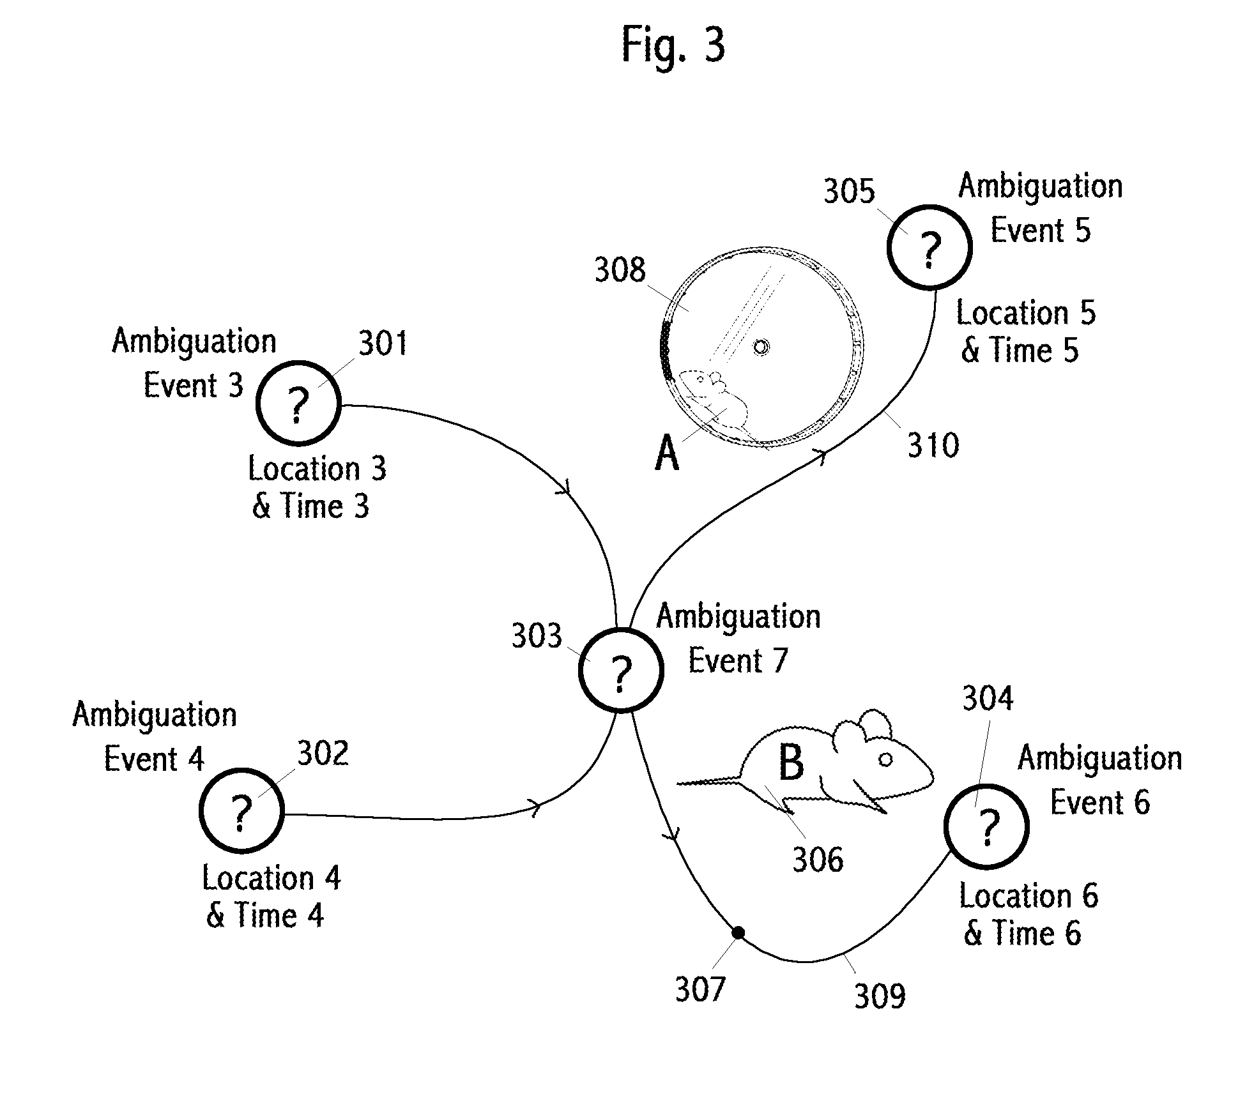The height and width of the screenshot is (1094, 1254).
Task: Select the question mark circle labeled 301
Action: click(x=298, y=403)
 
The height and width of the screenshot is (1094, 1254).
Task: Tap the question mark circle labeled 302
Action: click(x=241, y=810)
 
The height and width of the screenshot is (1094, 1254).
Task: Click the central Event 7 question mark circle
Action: click(x=621, y=670)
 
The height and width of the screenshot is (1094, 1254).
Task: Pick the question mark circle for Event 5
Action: click(x=929, y=247)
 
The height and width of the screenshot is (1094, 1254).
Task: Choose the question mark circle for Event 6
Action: click(x=987, y=826)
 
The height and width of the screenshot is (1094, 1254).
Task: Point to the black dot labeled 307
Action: click(x=738, y=933)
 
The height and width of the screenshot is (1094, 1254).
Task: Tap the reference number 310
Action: click(x=933, y=445)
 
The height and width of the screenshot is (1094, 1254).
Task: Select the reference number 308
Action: click(x=620, y=270)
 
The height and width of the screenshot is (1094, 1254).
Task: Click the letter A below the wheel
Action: click(x=667, y=453)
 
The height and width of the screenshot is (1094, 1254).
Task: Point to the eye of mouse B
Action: click(x=885, y=759)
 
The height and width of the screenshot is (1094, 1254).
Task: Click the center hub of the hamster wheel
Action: click(x=761, y=347)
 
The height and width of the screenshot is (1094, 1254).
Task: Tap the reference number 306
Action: click(x=818, y=860)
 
